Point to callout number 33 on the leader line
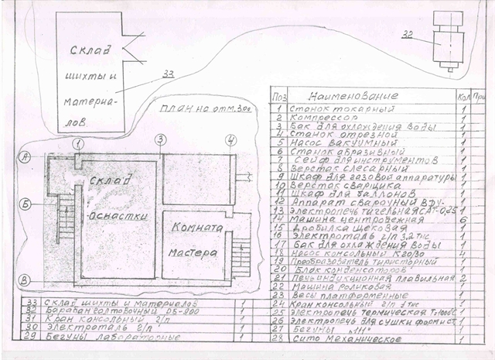point(169,75)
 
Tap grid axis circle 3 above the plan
point(159,140)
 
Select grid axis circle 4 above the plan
point(230,140)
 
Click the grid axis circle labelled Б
point(26,204)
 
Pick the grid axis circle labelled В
point(26,279)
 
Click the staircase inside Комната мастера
point(240,256)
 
